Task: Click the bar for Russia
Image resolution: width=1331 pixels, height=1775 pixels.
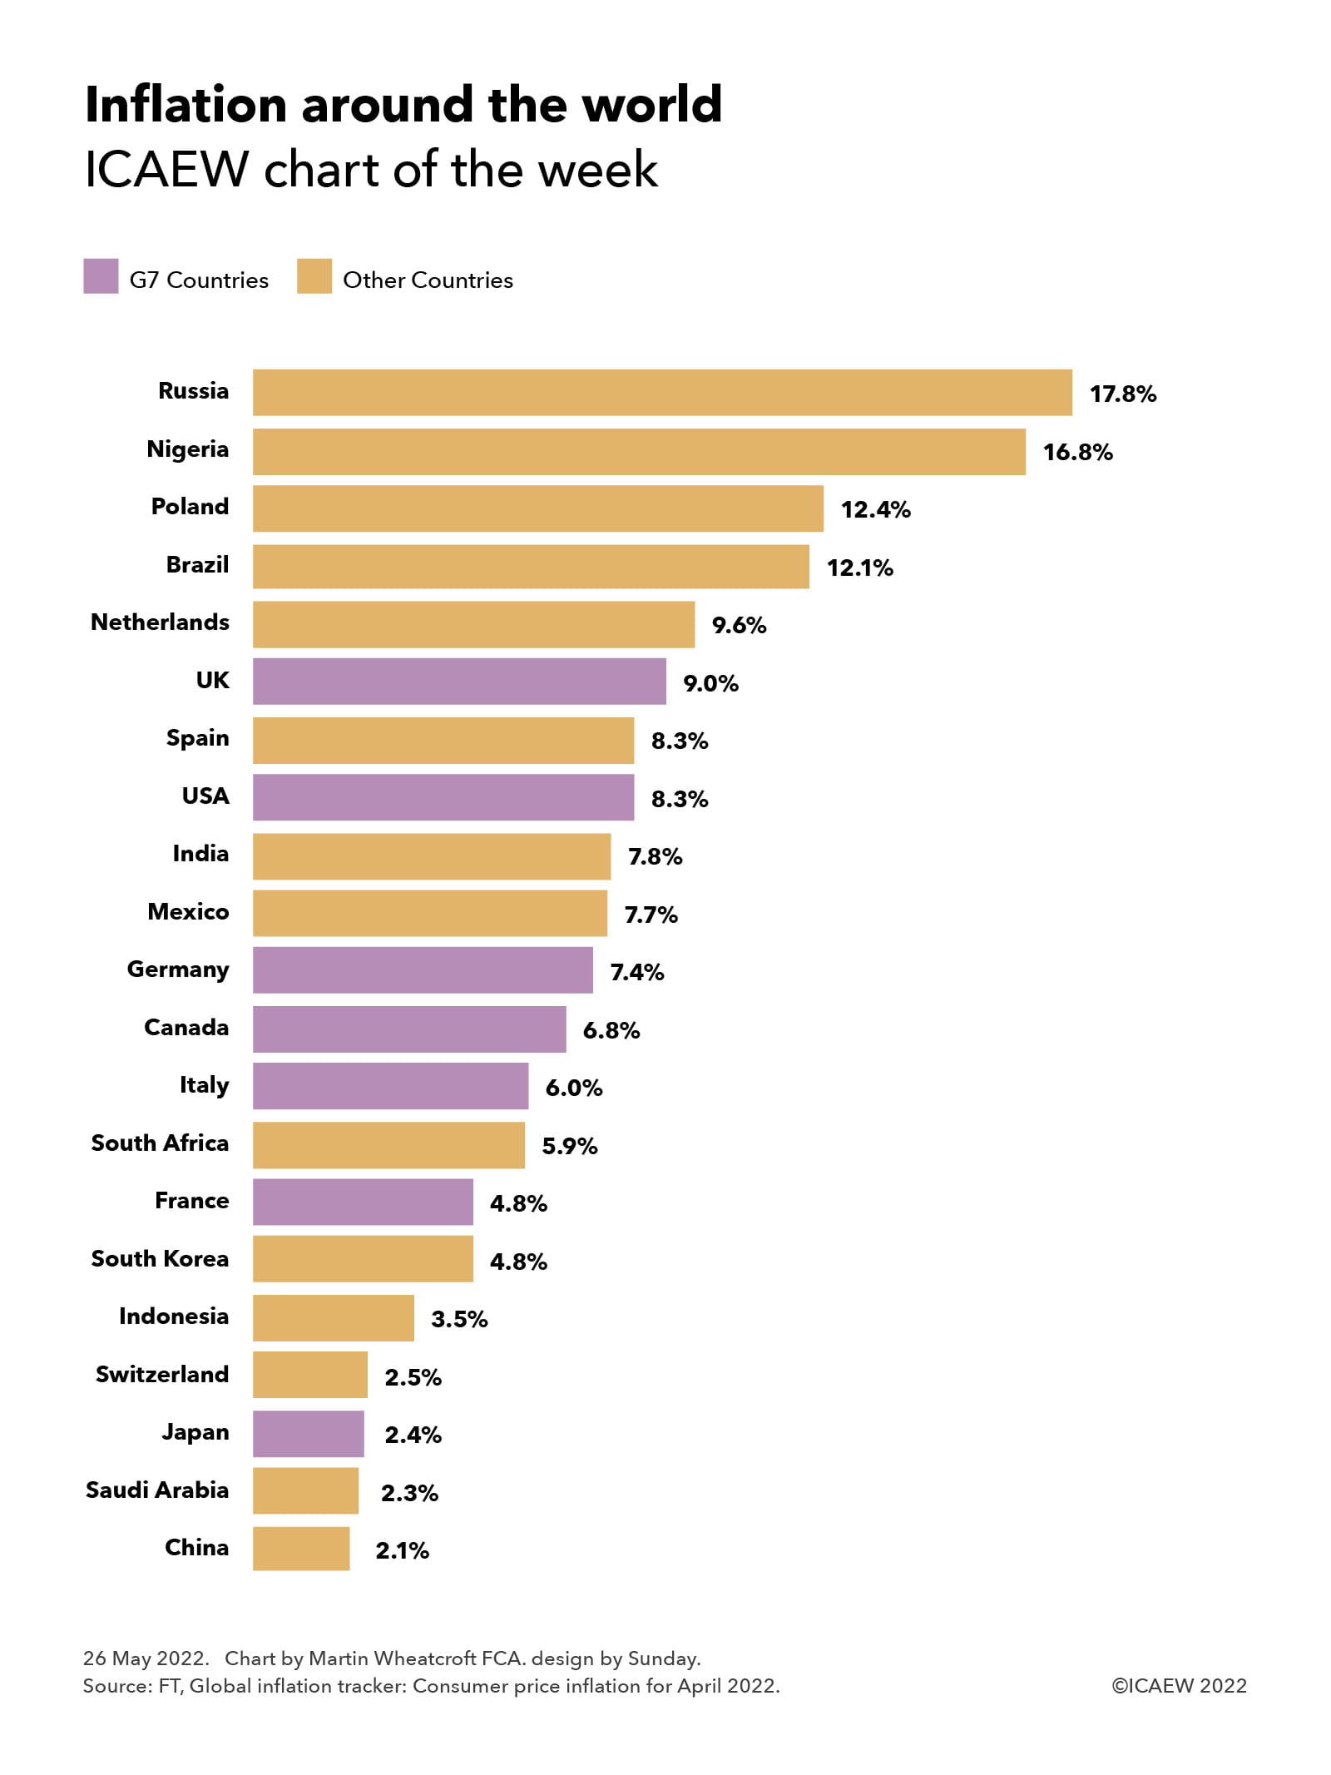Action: (662, 392)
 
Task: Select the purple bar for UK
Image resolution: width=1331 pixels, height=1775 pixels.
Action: (459, 681)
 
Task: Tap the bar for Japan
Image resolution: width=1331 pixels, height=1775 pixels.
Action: (308, 1433)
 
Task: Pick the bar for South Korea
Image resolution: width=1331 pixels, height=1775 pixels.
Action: (363, 1258)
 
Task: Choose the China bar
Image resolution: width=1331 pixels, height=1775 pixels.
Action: (301, 1548)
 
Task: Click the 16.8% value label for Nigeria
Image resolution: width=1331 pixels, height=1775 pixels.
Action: (1077, 452)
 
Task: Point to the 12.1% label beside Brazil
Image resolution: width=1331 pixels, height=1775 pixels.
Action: (859, 568)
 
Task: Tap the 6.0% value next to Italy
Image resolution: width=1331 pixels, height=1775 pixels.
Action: (573, 1088)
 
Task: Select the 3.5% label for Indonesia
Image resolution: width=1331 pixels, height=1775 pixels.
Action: (459, 1319)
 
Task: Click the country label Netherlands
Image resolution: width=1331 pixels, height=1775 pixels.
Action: (160, 622)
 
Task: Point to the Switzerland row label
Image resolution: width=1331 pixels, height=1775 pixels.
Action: (162, 1374)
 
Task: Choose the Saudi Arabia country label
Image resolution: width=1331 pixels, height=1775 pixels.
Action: (157, 1490)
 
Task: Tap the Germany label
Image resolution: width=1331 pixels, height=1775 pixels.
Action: (178, 969)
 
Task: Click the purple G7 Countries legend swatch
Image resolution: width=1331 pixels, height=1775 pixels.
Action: (101, 276)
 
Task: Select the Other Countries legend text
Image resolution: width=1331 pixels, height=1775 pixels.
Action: (428, 280)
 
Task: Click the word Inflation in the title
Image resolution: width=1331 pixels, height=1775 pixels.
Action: (186, 105)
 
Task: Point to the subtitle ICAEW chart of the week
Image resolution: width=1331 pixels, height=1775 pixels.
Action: (371, 170)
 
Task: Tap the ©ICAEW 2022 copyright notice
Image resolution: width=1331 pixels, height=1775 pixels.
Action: (1179, 1685)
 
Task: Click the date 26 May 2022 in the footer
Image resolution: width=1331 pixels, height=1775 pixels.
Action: (145, 1658)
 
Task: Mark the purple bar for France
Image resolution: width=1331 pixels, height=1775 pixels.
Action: (363, 1201)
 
